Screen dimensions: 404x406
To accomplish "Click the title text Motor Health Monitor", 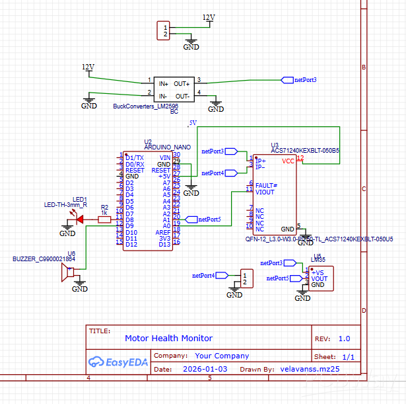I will click(169, 338).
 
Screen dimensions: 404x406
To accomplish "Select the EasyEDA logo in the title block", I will click(117, 362).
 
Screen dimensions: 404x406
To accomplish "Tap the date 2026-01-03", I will click(205, 369).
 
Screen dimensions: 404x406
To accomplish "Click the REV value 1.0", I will click(344, 338).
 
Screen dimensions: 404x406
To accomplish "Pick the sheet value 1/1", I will click(349, 356).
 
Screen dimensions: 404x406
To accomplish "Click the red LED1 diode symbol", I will click(81, 220).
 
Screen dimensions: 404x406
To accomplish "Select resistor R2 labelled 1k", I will click(104, 220).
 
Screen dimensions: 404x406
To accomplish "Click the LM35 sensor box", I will click(321, 278).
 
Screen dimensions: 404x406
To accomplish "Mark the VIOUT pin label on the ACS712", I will click(265, 192).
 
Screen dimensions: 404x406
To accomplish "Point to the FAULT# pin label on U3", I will click(266, 185).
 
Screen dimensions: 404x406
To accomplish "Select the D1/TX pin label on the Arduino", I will click(134, 157).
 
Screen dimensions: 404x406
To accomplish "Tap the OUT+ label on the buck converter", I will click(182, 84).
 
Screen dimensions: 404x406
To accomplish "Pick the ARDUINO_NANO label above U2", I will click(168, 147).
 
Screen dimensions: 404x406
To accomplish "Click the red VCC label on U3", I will click(288, 161).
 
